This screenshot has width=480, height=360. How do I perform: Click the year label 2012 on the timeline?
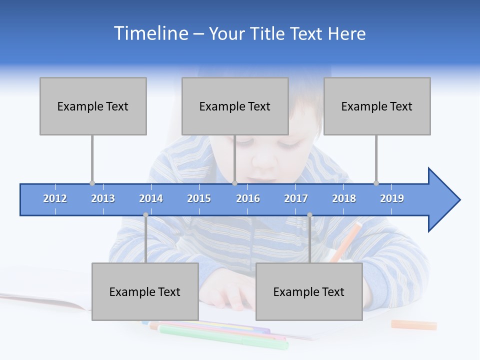55,198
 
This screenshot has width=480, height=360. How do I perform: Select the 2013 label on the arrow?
103,198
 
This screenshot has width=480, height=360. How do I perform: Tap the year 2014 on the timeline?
151,198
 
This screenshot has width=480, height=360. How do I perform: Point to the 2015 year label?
199,198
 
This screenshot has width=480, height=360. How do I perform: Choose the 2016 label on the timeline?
248,198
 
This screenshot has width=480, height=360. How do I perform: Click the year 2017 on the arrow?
296,198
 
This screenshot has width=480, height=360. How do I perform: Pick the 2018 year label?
344,198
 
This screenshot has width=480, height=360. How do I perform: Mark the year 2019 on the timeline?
392,198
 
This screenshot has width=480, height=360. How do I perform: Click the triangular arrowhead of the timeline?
442,199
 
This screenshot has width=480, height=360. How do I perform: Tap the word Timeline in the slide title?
150,33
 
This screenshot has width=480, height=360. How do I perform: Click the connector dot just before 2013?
92,183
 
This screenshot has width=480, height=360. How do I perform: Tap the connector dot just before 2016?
234,183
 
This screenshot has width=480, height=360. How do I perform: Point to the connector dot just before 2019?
376,183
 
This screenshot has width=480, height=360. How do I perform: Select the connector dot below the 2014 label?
145,215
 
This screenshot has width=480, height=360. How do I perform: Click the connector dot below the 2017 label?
309,215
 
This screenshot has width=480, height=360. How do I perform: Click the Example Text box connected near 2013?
93,106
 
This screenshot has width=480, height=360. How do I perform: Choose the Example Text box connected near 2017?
309,291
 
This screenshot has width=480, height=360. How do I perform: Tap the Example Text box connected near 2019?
377,106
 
